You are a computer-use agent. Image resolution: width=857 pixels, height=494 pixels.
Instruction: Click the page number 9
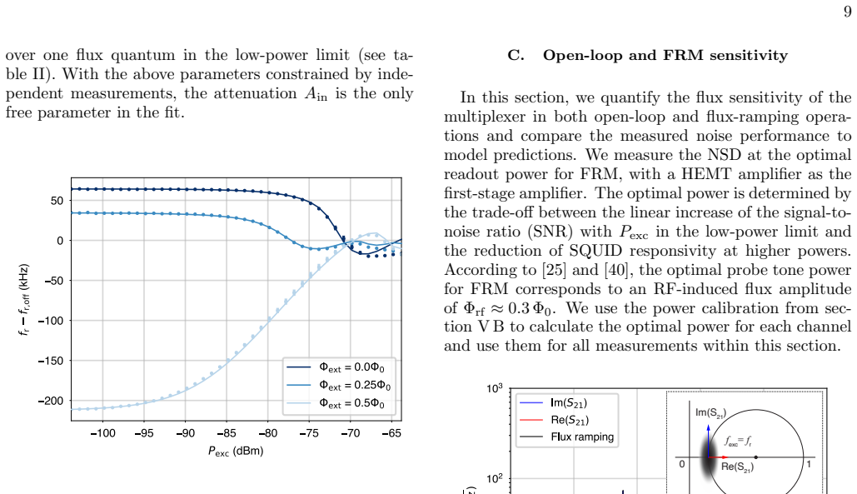(847, 12)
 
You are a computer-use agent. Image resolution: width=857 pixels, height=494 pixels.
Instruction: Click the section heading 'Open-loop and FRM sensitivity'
(665, 56)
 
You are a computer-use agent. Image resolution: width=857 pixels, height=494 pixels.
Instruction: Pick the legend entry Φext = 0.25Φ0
(338, 386)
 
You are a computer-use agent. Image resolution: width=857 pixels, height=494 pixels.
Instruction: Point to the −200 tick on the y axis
(51, 401)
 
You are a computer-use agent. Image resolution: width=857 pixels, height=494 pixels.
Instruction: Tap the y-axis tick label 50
(57, 201)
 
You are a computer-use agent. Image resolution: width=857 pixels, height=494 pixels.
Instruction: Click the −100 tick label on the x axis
(102, 433)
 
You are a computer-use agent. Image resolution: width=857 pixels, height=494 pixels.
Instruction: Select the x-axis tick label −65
(391, 433)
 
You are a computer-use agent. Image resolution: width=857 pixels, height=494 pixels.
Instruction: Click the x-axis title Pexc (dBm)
(236, 452)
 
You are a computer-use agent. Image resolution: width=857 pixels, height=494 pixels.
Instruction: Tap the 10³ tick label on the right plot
(494, 388)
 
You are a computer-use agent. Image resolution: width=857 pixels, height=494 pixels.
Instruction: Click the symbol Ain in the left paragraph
(316, 94)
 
